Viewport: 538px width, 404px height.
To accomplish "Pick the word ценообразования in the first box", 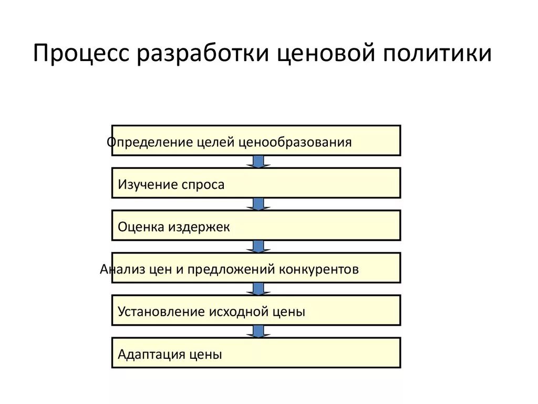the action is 295,143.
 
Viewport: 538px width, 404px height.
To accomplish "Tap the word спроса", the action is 203,185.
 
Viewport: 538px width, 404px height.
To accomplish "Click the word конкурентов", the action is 319,269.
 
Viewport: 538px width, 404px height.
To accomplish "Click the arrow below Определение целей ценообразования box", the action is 258,161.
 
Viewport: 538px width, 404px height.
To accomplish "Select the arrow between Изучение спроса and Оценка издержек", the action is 258,204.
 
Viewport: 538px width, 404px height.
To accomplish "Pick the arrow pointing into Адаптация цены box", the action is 258,331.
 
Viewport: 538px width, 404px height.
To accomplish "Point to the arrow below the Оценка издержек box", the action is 258,247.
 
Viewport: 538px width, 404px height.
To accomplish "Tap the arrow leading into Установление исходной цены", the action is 258,289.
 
